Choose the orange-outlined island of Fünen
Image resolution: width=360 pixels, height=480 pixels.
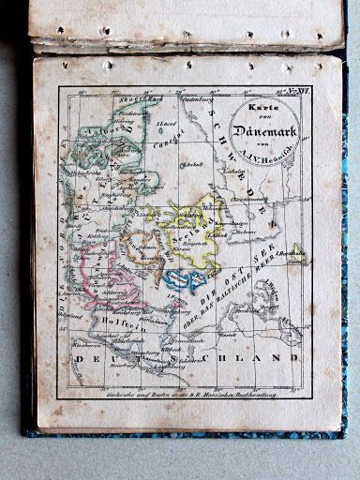141,248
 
